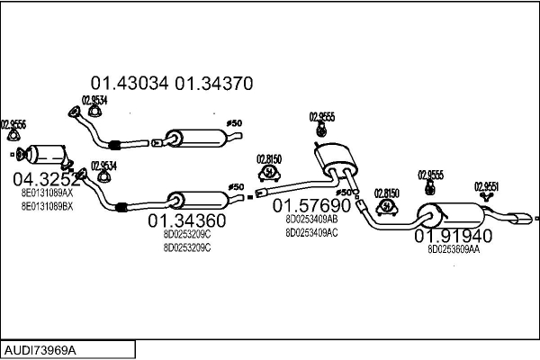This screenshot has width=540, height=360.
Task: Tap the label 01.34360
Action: tap(186, 220)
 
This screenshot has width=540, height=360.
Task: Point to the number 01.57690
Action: tap(311, 206)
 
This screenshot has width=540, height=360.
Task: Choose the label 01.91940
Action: tap(453, 237)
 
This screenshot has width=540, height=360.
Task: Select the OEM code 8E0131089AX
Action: tap(47, 192)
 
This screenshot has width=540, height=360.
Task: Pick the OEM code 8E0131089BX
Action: tap(47, 206)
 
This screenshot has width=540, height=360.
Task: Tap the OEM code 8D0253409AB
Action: tap(311, 219)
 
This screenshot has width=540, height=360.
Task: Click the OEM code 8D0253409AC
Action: tap(311, 232)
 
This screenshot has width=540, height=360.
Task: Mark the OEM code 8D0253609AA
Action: tap(454, 250)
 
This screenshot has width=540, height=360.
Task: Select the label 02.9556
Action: tap(13, 124)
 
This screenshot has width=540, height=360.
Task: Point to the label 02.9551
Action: tap(487, 186)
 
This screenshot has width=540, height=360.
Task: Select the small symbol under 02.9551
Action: tap(487, 197)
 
